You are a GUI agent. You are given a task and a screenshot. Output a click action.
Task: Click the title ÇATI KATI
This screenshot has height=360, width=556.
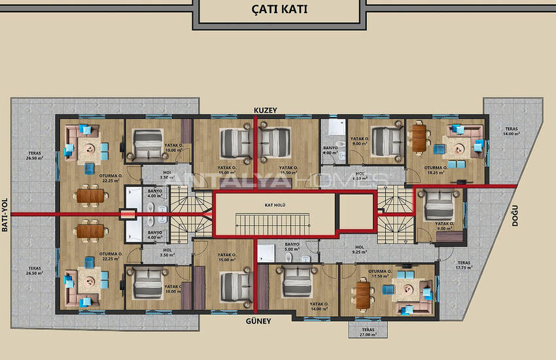[279, 10]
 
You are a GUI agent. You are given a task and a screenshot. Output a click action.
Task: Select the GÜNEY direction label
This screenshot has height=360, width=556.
[259, 321]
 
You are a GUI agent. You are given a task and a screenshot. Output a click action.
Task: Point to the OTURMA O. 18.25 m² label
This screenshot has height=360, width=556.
[437, 170]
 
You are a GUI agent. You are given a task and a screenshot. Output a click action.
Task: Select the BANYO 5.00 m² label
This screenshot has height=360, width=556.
[292, 247]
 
